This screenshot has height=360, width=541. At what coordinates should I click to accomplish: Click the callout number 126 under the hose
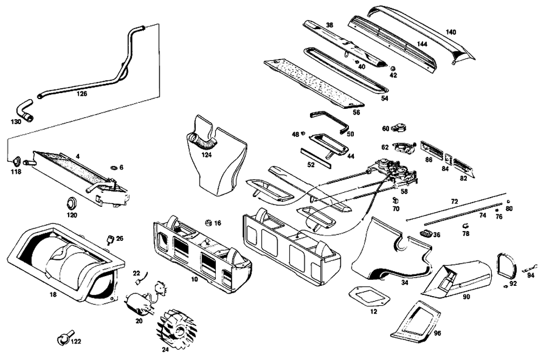[82, 93]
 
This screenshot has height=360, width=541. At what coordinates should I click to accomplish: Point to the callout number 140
[451, 32]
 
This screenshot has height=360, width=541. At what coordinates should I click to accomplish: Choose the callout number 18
[52, 294]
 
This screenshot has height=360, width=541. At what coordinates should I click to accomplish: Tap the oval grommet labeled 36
[424, 233]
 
